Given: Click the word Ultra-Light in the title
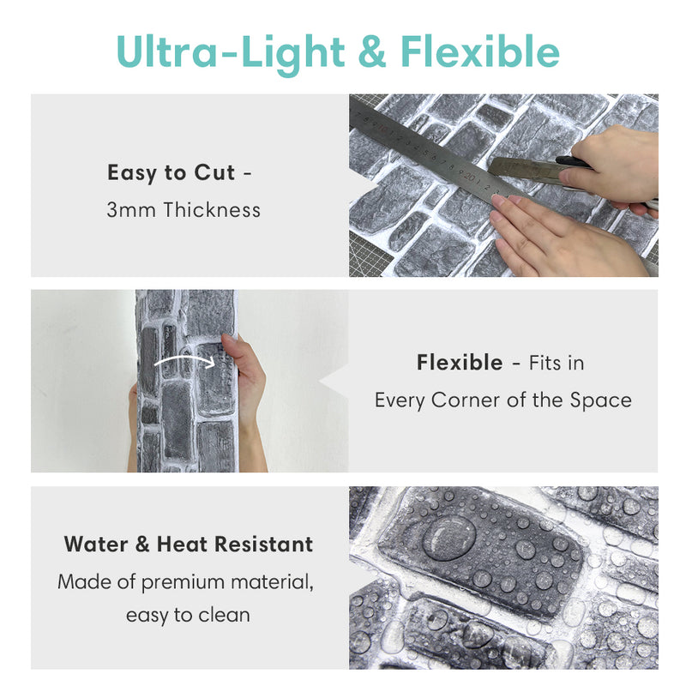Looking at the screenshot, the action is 230,52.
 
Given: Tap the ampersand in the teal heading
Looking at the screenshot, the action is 372,51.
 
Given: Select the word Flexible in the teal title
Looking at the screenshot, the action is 480,51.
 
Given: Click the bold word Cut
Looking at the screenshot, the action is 214,172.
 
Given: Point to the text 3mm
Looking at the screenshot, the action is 131,210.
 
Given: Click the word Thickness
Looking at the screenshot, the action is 212,209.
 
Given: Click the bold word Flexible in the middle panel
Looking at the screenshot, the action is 460,363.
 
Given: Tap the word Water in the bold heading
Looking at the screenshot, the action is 96,545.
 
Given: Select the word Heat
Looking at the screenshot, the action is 182,545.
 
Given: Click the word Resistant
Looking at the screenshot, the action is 264,545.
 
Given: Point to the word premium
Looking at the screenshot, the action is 183,583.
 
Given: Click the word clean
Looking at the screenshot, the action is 225,615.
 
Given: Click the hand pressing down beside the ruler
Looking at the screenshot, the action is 564,237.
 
